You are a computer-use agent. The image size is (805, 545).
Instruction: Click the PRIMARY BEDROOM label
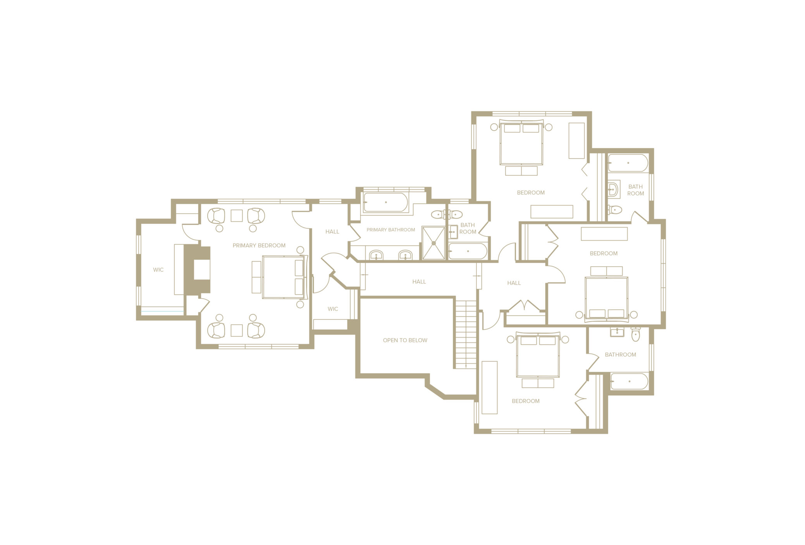tap(259, 245)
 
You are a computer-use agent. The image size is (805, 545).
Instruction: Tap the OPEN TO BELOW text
tap(405, 340)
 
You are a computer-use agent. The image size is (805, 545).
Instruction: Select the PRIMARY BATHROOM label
tap(390, 230)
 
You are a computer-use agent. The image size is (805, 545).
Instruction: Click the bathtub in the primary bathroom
tap(385, 202)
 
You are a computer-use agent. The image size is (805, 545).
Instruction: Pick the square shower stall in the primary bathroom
tap(433, 243)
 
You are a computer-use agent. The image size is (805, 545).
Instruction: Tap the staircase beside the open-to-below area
tap(465, 334)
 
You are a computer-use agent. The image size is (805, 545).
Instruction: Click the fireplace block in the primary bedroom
tap(197, 270)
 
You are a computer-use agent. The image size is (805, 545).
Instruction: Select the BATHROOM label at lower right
tap(620, 355)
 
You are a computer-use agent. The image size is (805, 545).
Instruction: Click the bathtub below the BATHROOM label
tap(629, 381)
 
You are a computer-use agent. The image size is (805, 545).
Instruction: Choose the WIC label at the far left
tap(158, 270)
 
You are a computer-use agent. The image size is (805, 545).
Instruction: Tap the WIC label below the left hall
tap(333, 309)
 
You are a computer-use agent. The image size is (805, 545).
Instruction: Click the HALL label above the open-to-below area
tap(419, 282)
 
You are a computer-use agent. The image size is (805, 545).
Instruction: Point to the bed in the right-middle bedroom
tap(606, 300)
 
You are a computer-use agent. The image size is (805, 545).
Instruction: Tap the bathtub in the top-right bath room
tap(628, 163)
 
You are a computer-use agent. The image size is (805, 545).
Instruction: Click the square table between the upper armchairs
tap(237, 216)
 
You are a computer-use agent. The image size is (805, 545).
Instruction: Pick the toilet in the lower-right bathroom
tap(635, 334)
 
